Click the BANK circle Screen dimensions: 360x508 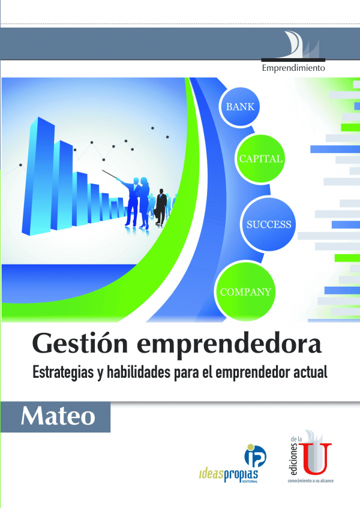[239, 107]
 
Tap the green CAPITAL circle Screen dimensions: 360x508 [260, 158]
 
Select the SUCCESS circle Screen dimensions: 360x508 [268, 224]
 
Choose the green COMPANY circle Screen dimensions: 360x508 [245, 291]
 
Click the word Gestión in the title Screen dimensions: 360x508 [80, 344]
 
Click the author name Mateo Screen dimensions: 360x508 [58, 416]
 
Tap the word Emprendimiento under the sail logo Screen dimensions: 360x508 [293, 68]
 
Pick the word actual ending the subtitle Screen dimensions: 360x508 [310, 372]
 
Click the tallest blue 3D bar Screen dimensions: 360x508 [38, 176]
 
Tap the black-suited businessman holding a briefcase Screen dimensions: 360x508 [160, 207]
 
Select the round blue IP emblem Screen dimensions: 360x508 [255, 455]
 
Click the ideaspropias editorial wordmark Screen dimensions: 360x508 [229, 475]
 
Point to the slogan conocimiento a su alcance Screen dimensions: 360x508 [310, 481]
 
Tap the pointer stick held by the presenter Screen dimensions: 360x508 [109, 175]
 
